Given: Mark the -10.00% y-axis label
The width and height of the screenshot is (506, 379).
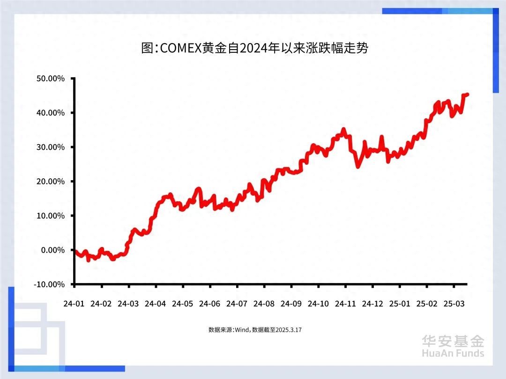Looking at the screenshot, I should click(49, 284).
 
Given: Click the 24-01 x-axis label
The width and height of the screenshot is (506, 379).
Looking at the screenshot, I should click(74, 304).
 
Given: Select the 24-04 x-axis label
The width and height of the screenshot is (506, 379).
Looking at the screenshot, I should click(156, 304).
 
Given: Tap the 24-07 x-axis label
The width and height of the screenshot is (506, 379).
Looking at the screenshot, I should click(237, 304).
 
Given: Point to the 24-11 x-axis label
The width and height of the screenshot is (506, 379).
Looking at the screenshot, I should click(345, 304).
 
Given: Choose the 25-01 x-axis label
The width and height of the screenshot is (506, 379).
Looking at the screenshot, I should click(399, 304).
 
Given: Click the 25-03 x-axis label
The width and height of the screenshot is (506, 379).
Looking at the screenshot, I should click(454, 304).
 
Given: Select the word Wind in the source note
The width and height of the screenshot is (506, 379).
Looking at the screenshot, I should click(241, 330).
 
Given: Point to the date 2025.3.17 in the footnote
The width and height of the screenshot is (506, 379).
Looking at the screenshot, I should click(289, 330).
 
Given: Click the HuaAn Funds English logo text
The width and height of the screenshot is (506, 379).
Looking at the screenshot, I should click(453, 353).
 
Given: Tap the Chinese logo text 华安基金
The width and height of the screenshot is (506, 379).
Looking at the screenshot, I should click(453, 341).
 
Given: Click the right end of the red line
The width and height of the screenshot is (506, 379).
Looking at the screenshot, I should click(467, 95).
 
